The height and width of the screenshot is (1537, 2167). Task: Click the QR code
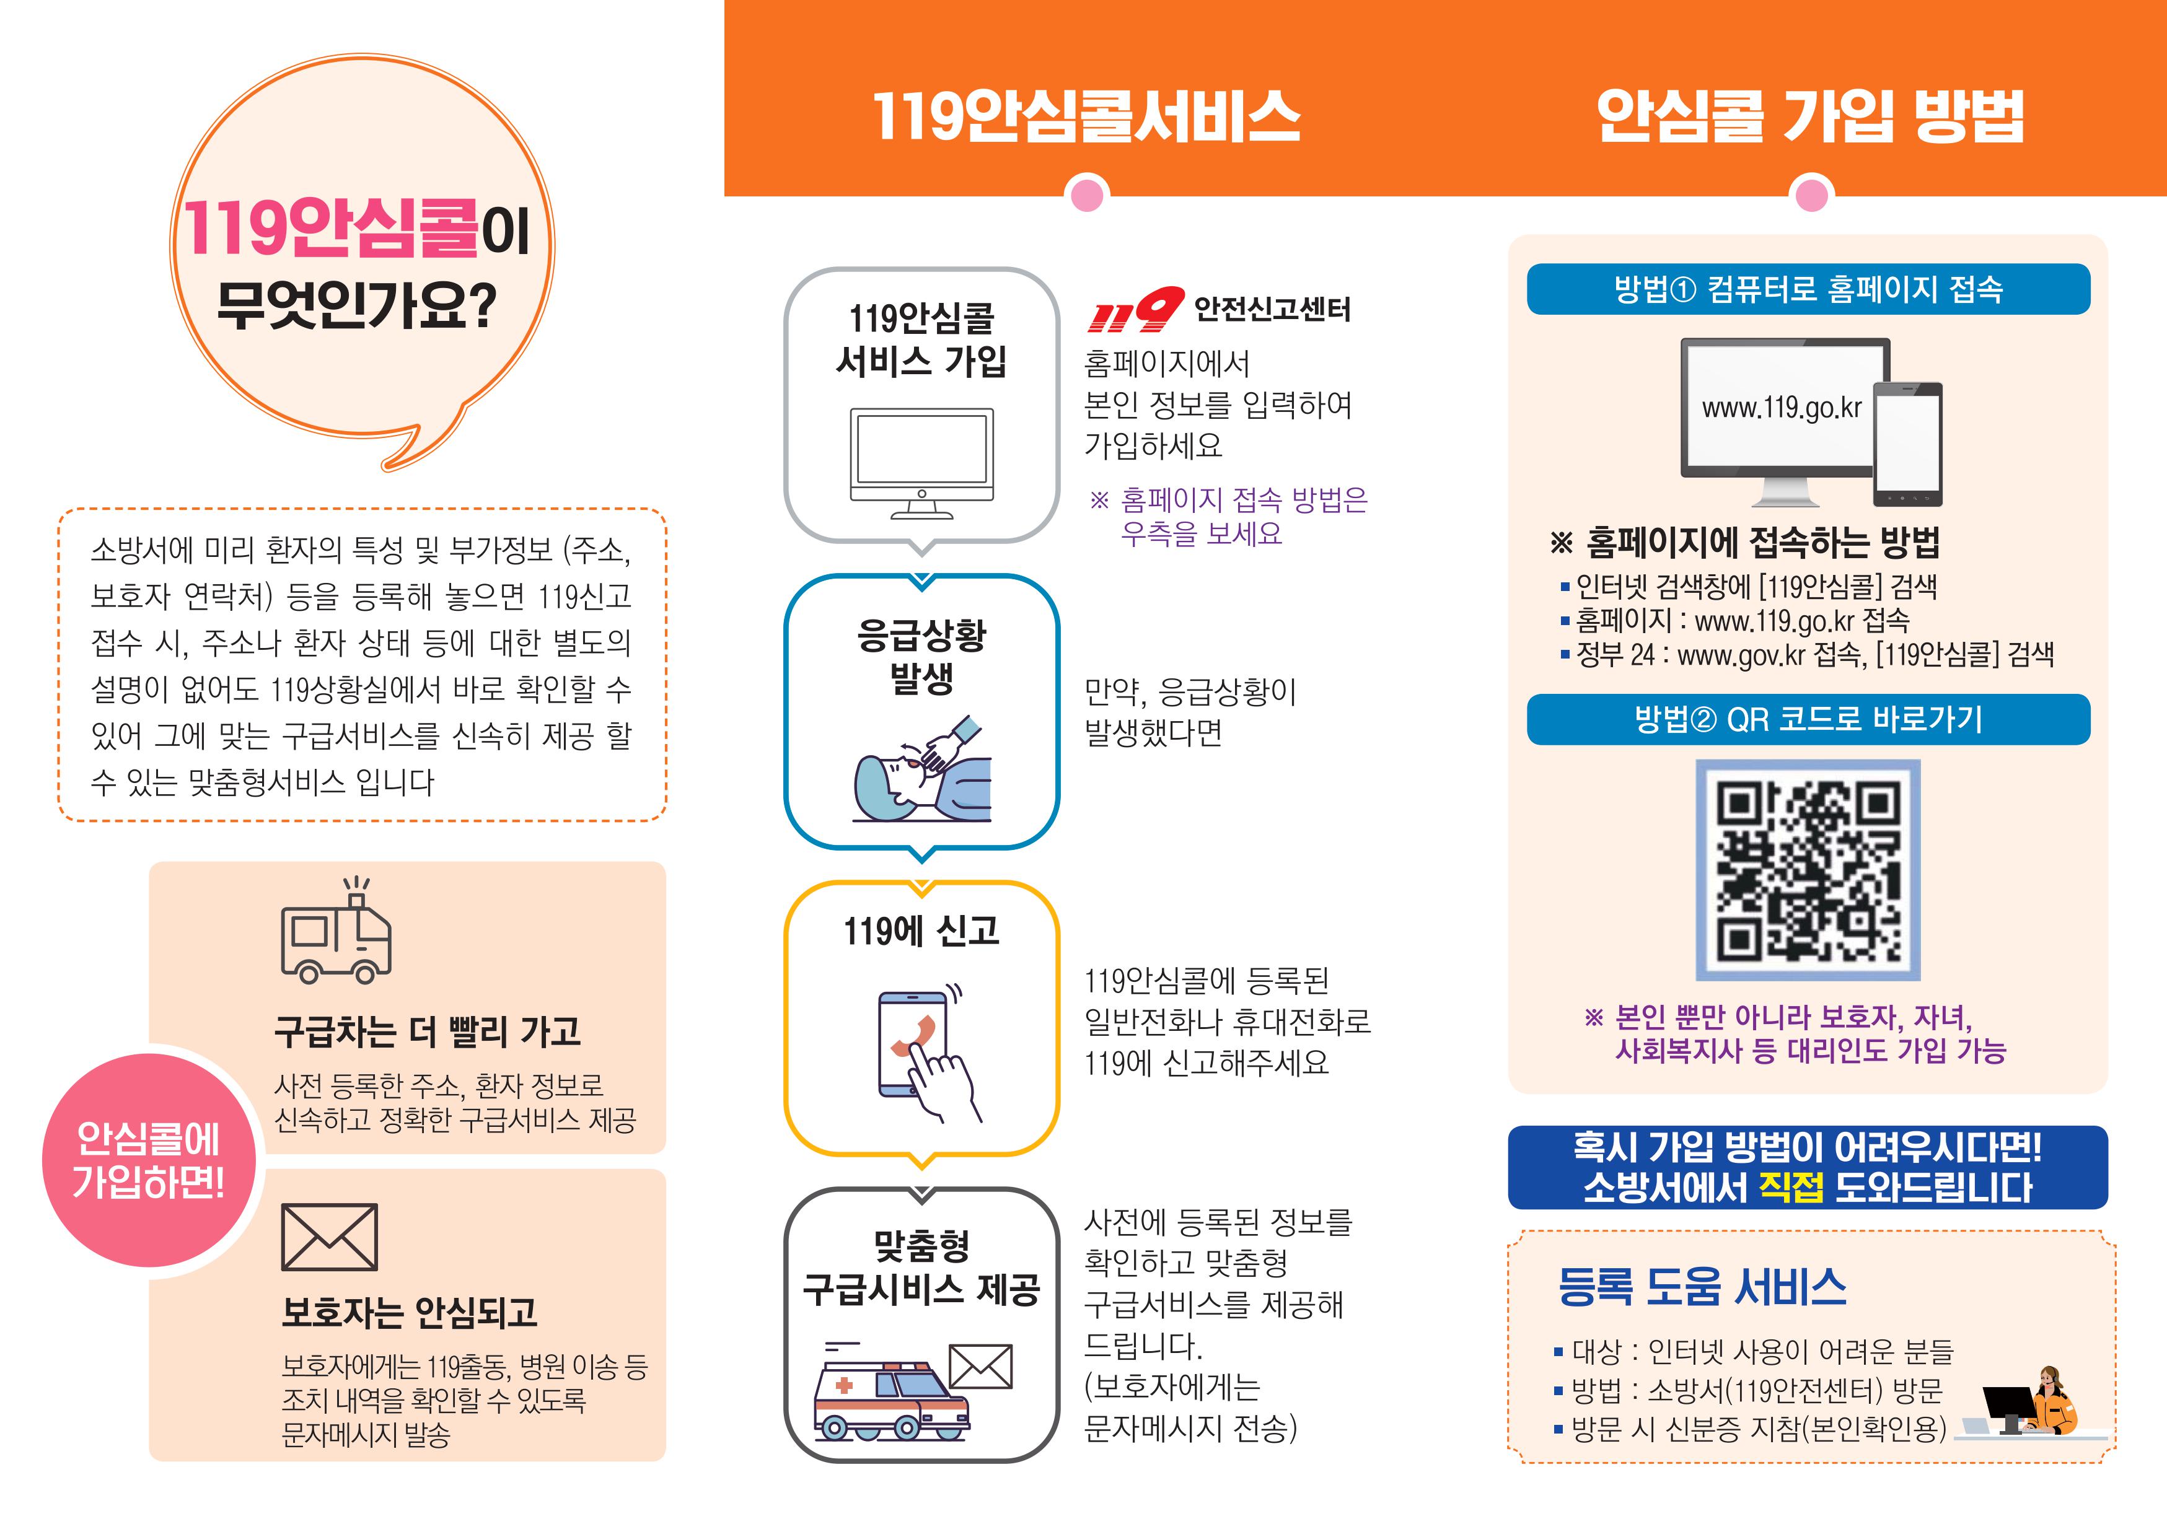[x=1807, y=869]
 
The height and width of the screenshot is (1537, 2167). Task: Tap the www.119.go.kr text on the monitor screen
[x=1781, y=408]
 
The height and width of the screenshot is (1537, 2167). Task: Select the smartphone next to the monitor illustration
[x=1907, y=444]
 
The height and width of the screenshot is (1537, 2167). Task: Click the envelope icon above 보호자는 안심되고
[x=330, y=1237]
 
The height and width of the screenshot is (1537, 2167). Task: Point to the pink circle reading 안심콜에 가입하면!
[x=149, y=1160]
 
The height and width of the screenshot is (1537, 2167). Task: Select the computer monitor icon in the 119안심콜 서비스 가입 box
[x=921, y=463]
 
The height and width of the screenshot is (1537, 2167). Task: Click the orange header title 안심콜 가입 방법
[x=1809, y=116]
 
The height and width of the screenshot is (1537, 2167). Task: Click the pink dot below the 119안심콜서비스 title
[x=1087, y=195]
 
